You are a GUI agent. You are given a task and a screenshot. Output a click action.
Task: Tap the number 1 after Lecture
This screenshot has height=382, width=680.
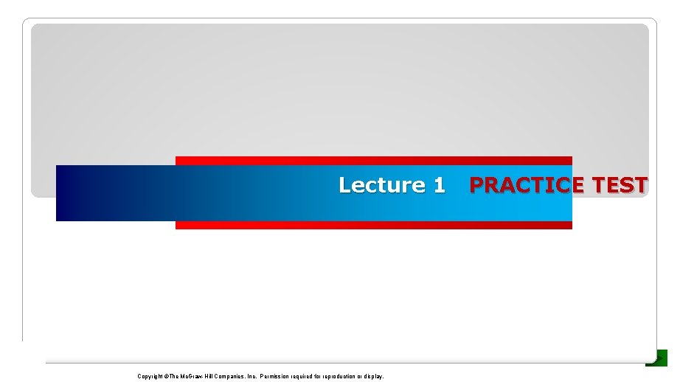[439, 185]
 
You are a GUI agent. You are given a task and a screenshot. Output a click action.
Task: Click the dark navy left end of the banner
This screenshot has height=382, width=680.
[70, 193]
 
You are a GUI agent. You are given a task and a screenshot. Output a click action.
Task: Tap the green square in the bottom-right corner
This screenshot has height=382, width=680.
[657, 358]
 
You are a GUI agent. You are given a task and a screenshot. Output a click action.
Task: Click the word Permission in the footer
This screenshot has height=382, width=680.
[275, 376]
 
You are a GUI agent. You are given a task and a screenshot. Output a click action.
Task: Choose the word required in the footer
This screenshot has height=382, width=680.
[306, 376]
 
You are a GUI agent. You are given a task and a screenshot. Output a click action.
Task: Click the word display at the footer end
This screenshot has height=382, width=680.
[374, 376]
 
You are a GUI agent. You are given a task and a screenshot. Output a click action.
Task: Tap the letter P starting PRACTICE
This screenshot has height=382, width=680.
[477, 185]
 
